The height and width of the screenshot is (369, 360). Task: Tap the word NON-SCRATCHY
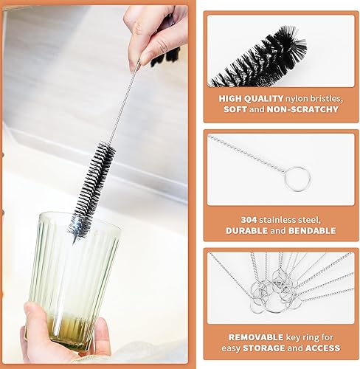(x=302, y=109)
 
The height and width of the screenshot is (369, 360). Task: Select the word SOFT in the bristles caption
(x=235, y=109)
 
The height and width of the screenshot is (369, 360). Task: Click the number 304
(x=249, y=220)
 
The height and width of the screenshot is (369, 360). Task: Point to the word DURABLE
(x=246, y=231)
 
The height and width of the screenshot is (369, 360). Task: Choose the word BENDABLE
(x=312, y=231)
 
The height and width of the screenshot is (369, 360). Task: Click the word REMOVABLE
(x=256, y=337)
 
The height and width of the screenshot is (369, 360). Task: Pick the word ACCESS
(x=322, y=348)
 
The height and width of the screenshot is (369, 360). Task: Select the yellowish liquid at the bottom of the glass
(x=68, y=330)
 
